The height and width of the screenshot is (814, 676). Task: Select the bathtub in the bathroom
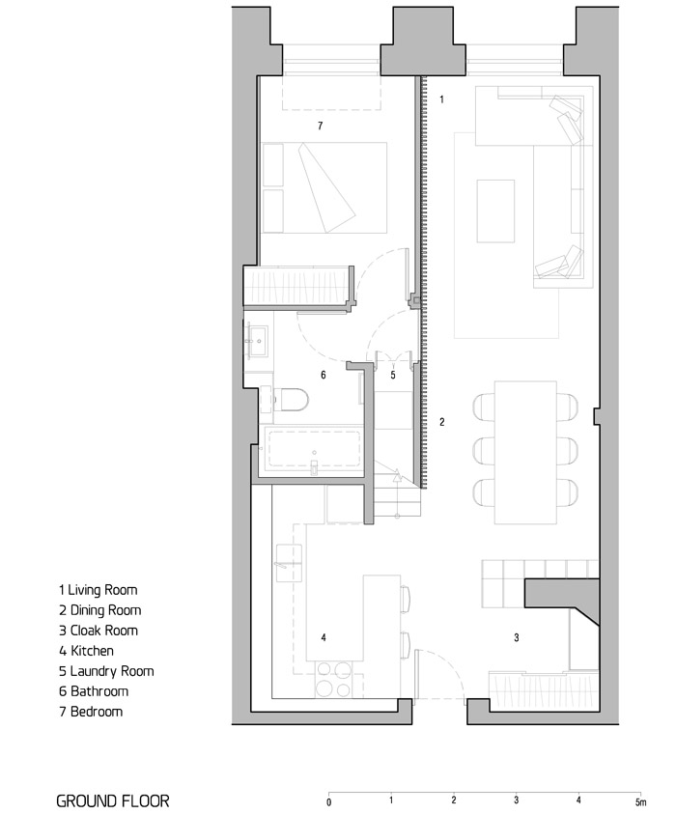314,449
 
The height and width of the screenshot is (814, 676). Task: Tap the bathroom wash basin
258,341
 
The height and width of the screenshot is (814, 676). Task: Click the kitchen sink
289,563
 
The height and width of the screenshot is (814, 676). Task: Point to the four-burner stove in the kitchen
334,679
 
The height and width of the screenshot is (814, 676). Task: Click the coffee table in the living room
495,211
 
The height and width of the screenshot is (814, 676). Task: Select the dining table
525,452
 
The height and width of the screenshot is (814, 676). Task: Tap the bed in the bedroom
324,187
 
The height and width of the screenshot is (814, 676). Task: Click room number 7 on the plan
321,126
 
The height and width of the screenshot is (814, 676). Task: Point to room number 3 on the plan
516,637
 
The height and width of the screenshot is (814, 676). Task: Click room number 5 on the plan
393,375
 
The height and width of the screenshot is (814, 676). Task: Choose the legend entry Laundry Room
106,671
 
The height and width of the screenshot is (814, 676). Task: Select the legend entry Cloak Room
99,631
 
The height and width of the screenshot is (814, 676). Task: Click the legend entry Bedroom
91,712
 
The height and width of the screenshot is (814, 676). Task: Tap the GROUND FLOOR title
113,801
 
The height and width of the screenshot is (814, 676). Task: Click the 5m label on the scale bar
641,802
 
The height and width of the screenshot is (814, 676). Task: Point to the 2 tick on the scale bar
454,800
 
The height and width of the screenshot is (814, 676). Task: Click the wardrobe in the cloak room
543,691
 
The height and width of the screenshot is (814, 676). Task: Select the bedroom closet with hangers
299,286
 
